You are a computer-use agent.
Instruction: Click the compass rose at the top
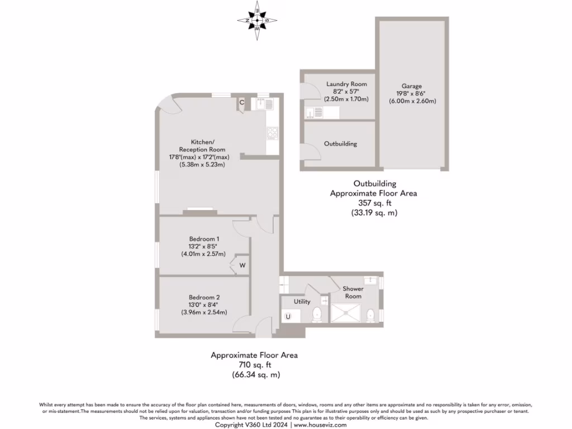click(x=257, y=21)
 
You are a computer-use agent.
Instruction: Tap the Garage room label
click(x=412, y=86)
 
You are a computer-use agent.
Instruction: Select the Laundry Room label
click(x=346, y=84)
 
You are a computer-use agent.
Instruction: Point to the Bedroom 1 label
click(x=203, y=239)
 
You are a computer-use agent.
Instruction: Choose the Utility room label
click(x=302, y=302)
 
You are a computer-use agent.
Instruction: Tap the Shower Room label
click(x=353, y=292)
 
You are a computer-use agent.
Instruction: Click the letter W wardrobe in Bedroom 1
click(x=242, y=265)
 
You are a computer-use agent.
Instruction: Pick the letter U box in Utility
click(x=288, y=317)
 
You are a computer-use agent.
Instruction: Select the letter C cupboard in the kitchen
click(x=242, y=102)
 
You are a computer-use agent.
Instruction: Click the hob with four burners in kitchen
click(x=273, y=132)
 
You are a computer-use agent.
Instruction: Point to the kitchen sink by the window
click(x=261, y=103)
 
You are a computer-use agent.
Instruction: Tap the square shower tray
click(x=346, y=313)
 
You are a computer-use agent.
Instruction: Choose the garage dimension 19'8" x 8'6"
click(x=412, y=94)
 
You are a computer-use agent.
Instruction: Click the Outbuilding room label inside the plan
click(x=340, y=144)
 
